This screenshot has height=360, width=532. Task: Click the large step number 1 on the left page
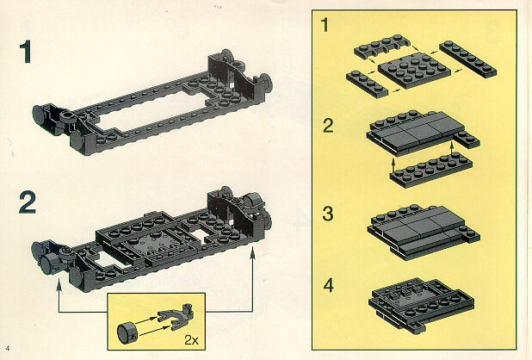click(x=26, y=52)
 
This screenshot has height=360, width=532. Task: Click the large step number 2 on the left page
click(x=28, y=202)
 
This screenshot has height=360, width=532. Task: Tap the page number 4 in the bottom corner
click(x=8, y=348)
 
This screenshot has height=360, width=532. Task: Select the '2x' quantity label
click(x=191, y=339)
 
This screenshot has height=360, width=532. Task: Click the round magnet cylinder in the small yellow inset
click(x=127, y=332)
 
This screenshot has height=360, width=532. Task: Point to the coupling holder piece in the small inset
click(x=176, y=317)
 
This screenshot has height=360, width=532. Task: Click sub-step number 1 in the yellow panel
click(x=325, y=25)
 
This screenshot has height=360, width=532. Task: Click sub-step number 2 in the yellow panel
click(x=328, y=126)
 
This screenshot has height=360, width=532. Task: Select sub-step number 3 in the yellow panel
click(x=328, y=214)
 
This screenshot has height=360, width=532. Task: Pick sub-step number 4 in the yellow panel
click(x=329, y=286)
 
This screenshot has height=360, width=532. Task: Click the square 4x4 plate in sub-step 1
click(x=414, y=70)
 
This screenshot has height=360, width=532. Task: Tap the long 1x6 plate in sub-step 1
click(x=468, y=59)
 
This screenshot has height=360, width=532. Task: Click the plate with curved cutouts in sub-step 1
click(x=382, y=47)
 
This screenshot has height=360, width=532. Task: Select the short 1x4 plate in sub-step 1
click(x=367, y=84)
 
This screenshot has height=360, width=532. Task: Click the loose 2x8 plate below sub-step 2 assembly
click(x=431, y=170)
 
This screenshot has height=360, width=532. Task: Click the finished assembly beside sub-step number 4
click(x=422, y=304)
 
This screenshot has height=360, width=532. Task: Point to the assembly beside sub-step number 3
click(x=424, y=232)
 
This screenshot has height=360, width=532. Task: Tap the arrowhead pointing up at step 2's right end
click(x=252, y=253)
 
